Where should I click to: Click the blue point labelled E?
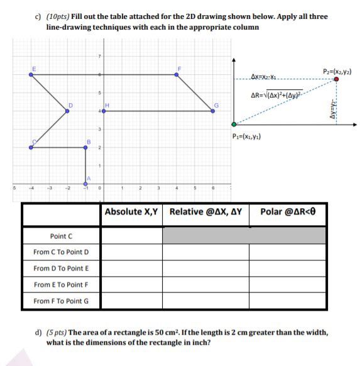coord(32,74)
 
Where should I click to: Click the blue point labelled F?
coord(177,74)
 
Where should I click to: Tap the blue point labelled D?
coord(68,110)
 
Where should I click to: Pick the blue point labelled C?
coord(32,147)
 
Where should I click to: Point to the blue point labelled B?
coord(86,147)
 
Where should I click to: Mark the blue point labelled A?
coord(86,183)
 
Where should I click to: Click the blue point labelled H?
coord(104,110)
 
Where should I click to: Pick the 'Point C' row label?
coord(62,236)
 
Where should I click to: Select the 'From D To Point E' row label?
coord(62,269)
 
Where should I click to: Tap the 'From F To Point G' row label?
coord(62,301)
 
